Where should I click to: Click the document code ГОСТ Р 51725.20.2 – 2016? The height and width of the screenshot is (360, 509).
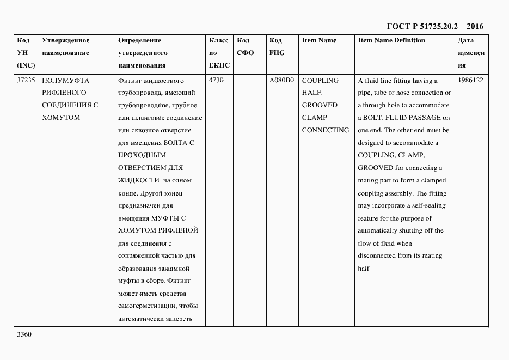coord(435,26)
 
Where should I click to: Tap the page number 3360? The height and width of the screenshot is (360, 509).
coord(25,334)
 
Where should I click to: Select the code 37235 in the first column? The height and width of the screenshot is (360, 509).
coord(26,80)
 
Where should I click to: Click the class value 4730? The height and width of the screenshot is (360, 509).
coord(216,80)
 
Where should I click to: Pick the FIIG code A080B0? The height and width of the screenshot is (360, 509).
coord(281,80)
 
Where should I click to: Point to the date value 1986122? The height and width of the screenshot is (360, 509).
coord(471,80)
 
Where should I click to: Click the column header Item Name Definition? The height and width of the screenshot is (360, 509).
coord(391,40)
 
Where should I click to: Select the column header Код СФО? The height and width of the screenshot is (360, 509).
coord(246,47)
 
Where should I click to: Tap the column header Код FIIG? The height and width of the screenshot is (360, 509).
coord(277,47)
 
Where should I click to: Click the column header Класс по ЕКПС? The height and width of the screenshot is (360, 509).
coord(219,53)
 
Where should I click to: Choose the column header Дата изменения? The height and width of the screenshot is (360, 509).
coord(471,53)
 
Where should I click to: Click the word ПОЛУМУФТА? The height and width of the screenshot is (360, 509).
coord(65,80)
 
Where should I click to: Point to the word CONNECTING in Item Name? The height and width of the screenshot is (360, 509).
coord(326,130)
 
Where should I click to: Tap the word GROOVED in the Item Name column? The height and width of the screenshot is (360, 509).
coord(320,105)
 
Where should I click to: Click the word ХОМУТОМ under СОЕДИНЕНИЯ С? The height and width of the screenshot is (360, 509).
coord(60,118)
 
